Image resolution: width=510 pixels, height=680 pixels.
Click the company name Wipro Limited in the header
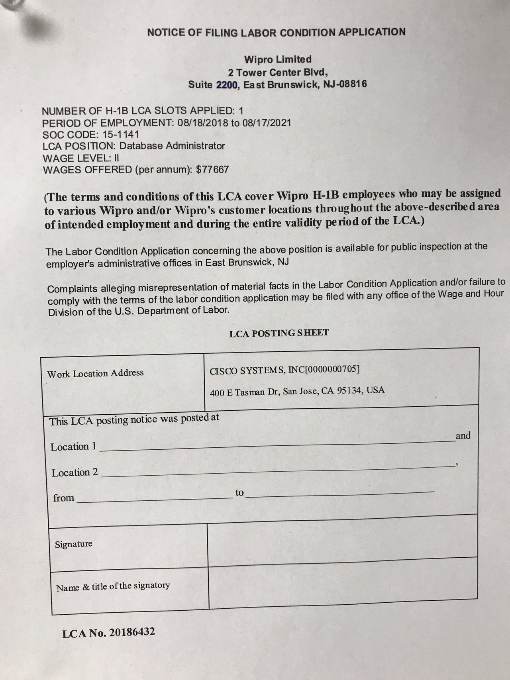[278, 59]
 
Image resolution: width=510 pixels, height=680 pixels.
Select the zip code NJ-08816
[346, 84]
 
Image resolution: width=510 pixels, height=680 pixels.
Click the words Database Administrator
[172, 146]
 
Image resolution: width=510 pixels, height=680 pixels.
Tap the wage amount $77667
[213, 169]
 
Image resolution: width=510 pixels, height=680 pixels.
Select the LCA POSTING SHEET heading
[279, 333]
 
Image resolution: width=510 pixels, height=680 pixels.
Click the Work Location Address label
[95, 373]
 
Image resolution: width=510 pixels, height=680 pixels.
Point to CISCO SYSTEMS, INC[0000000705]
[284, 370]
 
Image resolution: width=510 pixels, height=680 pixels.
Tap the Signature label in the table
[74, 544]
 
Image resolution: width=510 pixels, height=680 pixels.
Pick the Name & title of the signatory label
[113, 586]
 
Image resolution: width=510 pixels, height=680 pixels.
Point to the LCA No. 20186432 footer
[108, 633]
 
